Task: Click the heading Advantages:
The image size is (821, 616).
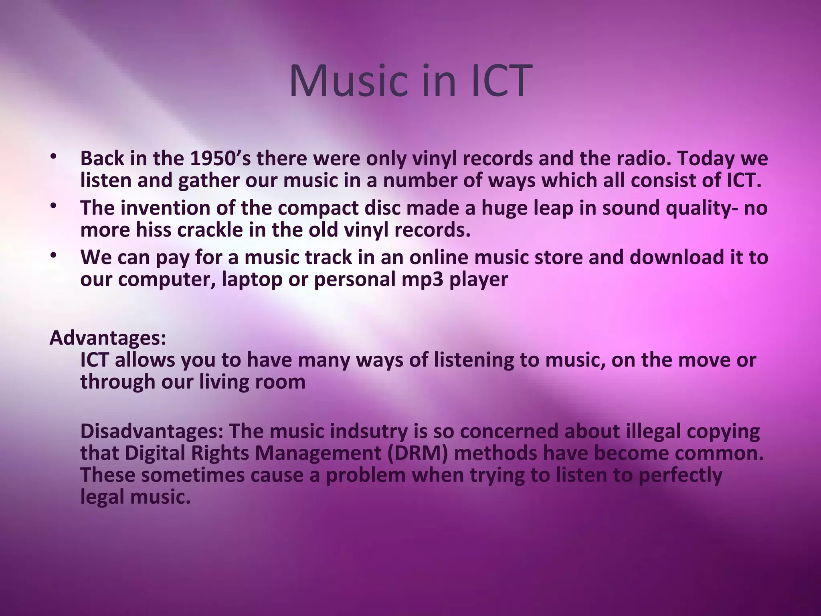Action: pos(107,338)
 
